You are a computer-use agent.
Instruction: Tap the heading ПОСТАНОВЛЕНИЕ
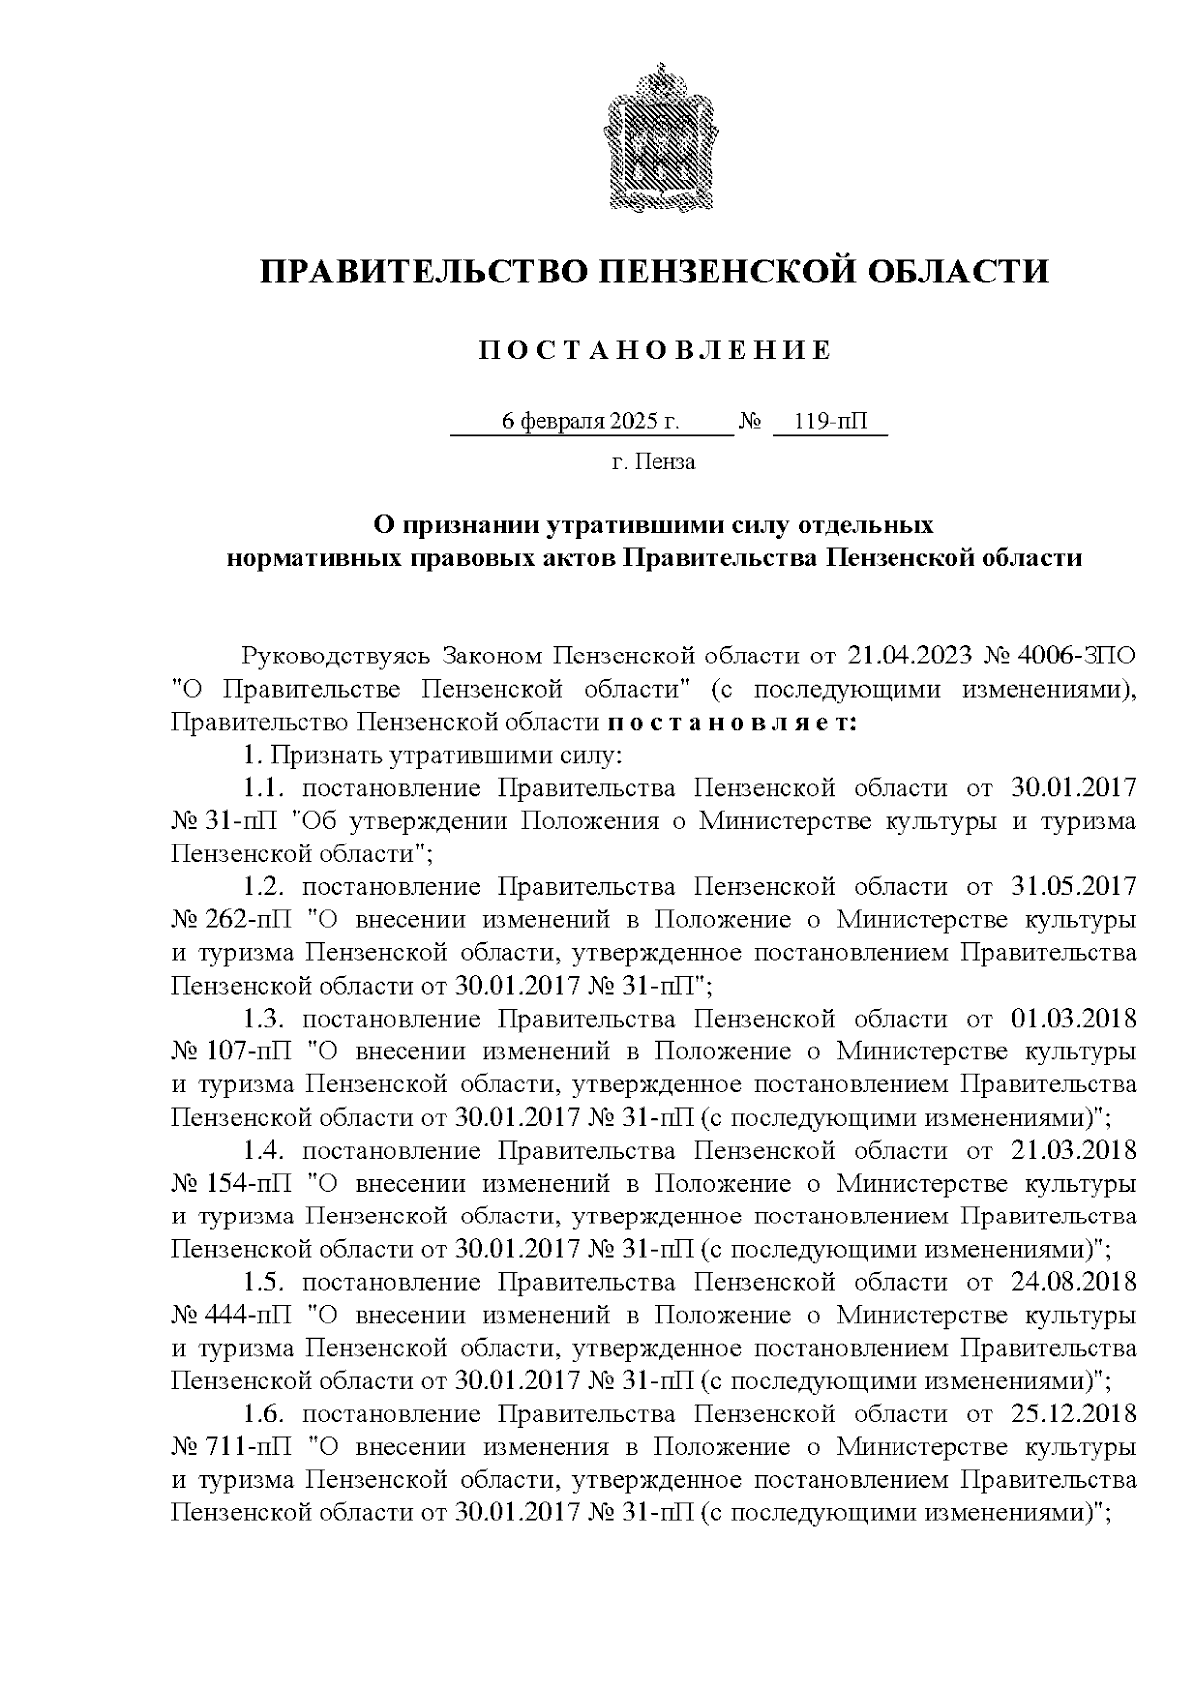pyautogui.click(x=654, y=350)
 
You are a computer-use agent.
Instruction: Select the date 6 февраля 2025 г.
pyautogui.click(x=591, y=422)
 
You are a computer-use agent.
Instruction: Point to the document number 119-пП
pyautogui.click(x=829, y=422)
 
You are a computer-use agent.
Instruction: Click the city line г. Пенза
pyautogui.click(x=653, y=463)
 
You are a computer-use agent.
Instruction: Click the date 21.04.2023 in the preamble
pyautogui.click(x=908, y=656)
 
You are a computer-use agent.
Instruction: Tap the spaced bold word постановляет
pyautogui.click(x=731, y=722)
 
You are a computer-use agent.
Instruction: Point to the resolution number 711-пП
pyautogui.click(x=252, y=1447)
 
